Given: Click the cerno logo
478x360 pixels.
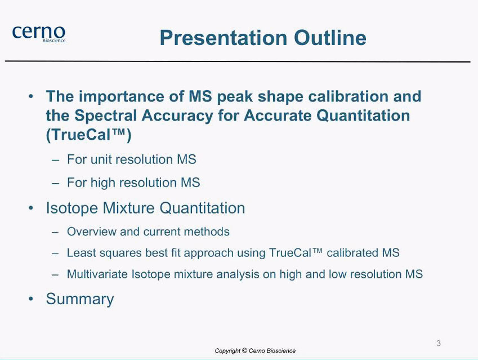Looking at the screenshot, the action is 39,34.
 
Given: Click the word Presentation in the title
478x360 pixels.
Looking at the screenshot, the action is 224,38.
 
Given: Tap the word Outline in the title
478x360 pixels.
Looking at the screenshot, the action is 330,38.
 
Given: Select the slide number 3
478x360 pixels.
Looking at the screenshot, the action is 439,343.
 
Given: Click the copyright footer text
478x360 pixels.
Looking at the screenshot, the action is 255,351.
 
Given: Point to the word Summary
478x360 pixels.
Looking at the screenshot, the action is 80,299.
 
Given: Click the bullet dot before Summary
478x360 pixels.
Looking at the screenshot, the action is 30,299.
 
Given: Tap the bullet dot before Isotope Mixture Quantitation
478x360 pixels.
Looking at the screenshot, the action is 30,208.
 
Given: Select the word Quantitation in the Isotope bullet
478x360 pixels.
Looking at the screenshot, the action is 202,208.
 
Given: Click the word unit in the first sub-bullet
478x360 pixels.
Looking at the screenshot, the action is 101,159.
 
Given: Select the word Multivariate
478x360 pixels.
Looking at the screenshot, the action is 97,274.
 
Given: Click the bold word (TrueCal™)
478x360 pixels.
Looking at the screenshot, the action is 89,135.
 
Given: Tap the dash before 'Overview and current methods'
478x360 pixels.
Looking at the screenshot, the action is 55,232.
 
